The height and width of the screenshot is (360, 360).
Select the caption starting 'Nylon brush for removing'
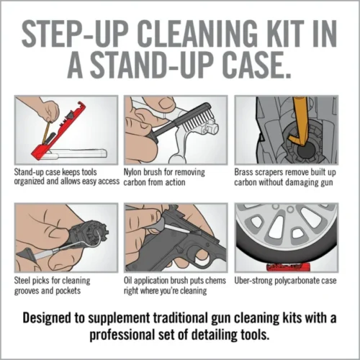point(165,173)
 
